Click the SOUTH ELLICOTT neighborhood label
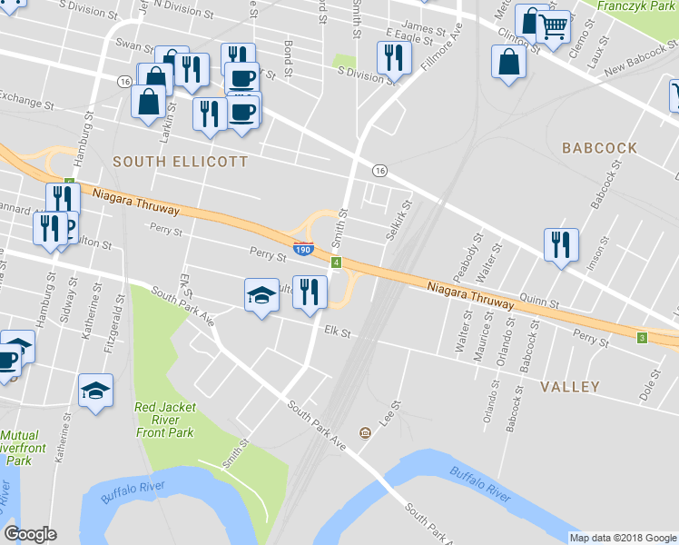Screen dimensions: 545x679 (180, 162)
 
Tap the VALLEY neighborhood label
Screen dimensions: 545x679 (569, 387)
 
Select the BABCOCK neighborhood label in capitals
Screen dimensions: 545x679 (602, 147)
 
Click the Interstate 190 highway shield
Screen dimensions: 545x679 (304, 248)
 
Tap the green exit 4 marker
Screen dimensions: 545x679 (336, 263)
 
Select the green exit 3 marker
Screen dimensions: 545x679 (642, 338)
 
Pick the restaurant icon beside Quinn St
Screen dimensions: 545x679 (560, 244)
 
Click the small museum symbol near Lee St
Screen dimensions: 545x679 (365, 432)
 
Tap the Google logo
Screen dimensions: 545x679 (30, 534)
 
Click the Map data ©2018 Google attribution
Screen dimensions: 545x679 (622, 538)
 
